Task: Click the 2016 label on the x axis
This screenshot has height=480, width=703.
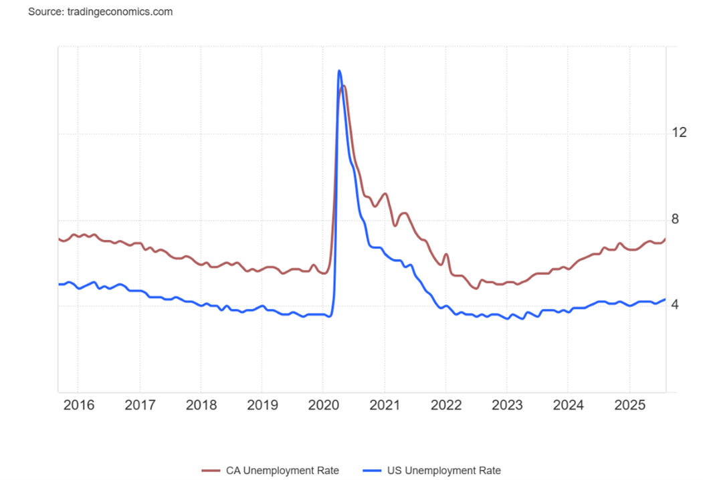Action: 78,405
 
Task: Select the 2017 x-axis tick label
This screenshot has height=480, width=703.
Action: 139,405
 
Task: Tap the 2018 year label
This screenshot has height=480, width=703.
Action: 201,405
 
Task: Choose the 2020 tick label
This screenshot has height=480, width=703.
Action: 322,405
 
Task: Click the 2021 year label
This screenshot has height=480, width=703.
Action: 384,405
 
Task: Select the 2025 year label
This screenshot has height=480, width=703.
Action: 629,405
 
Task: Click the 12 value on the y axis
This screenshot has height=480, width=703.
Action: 679,132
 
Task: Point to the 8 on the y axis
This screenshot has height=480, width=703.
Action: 675,219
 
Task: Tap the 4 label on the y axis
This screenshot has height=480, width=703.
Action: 675,305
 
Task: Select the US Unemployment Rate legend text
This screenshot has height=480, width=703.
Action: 443,471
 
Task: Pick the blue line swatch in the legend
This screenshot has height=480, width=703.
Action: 374,471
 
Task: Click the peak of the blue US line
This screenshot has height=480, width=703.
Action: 339,70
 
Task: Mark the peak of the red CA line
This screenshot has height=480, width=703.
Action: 344,86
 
